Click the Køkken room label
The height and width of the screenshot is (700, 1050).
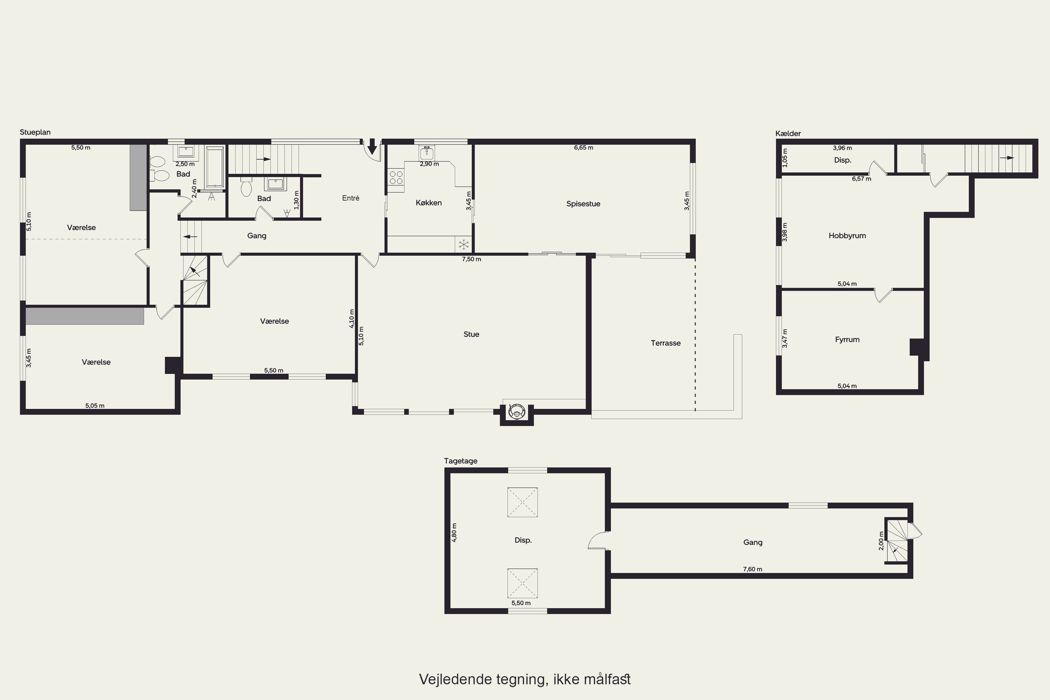pyautogui.click(x=428, y=203)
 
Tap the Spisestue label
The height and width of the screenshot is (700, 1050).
pyautogui.click(x=583, y=204)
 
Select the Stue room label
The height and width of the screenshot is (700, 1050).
pyautogui.click(x=471, y=334)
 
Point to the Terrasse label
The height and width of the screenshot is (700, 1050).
pyautogui.click(x=666, y=343)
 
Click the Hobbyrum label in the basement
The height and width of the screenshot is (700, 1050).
pyautogui.click(x=847, y=236)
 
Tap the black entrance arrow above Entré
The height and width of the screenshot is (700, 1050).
pyautogui.click(x=372, y=146)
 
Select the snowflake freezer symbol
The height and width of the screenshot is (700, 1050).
pyautogui.click(x=464, y=245)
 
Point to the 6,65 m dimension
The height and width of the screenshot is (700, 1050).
pyautogui.click(x=583, y=148)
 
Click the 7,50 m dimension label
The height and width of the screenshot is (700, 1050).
pyautogui.click(x=471, y=259)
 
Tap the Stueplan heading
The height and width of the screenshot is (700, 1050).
pyautogui.click(x=35, y=133)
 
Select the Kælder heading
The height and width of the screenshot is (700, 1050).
pyautogui.click(x=788, y=133)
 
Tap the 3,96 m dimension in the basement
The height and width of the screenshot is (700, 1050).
pyautogui.click(x=842, y=148)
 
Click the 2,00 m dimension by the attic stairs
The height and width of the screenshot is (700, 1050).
pyautogui.click(x=881, y=541)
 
